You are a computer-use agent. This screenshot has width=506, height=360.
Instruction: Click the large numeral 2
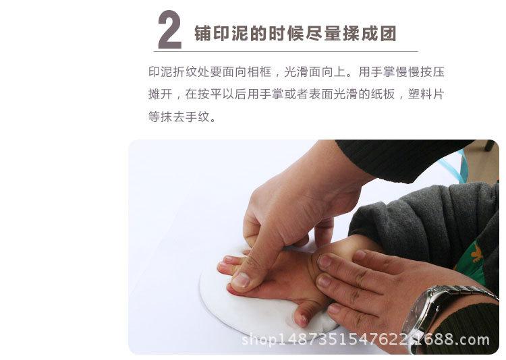[169, 30]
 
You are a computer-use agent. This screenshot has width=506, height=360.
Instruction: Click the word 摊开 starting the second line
[158, 94]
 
